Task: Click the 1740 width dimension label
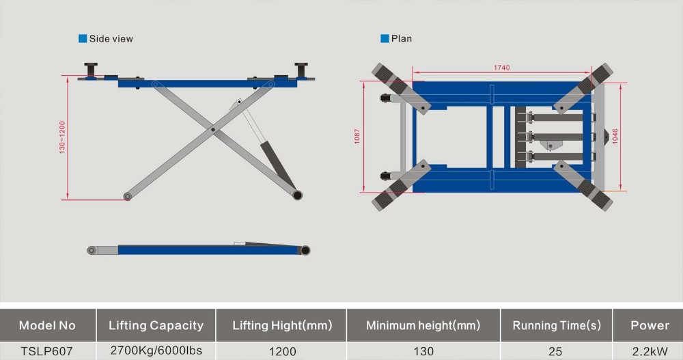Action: coord(502,68)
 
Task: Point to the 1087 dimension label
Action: coord(356,137)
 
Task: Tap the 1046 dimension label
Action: coord(615,136)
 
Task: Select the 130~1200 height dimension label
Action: coord(61,137)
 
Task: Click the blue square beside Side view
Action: coord(83,39)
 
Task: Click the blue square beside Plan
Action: coord(385,39)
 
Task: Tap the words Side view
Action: coord(111,39)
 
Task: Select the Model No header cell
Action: coord(47,325)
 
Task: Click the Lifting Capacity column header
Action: coord(156,325)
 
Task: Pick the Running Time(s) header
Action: coord(556,325)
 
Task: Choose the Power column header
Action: coord(650,325)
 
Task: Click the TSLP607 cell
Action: coord(47,351)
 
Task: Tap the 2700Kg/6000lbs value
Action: coord(156,351)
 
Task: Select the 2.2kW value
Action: coord(650,351)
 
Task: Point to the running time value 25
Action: coord(556,351)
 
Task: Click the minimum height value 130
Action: coord(423,351)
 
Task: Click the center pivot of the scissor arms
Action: coord(213,129)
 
